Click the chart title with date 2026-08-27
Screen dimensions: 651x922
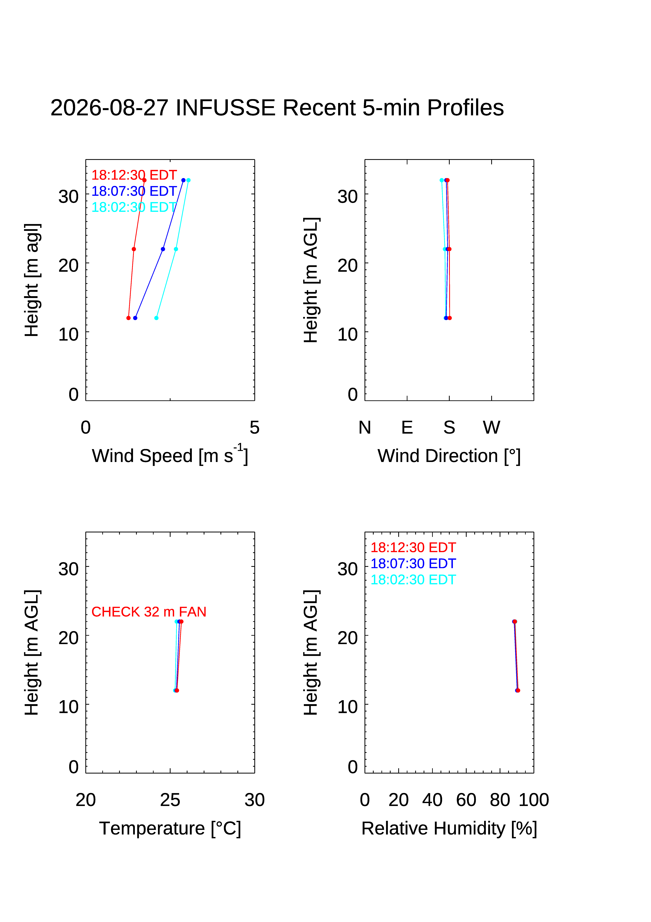277,108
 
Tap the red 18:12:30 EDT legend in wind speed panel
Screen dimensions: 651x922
134,175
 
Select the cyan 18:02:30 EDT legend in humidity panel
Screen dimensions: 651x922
413,579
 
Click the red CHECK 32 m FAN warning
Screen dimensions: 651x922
149,612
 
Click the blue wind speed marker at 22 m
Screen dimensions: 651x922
163,249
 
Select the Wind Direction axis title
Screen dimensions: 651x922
449,456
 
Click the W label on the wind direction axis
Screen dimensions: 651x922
492,427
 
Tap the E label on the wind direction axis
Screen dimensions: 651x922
407,427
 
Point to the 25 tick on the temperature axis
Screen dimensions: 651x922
170,800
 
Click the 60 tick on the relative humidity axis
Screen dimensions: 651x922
466,800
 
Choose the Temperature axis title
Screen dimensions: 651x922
170,828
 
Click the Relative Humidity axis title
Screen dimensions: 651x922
449,828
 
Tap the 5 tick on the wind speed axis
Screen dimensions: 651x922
254,427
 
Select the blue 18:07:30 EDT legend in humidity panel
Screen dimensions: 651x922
413,563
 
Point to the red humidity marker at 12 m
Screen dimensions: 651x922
518,690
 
